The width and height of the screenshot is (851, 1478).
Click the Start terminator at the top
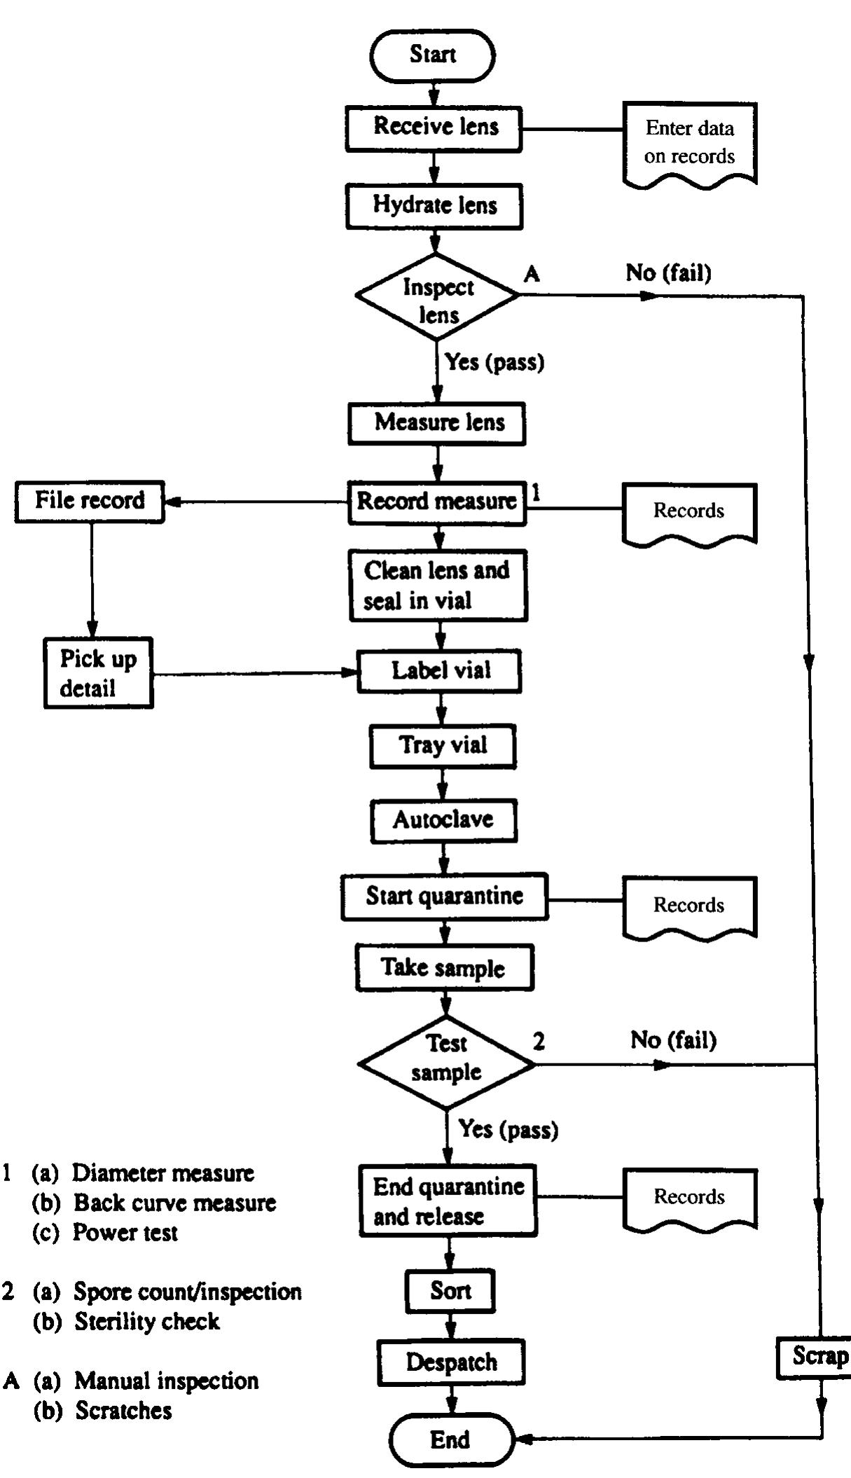coord(432,55)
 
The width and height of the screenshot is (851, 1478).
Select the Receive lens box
coord(434,127)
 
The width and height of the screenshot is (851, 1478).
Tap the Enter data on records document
coord(689,143)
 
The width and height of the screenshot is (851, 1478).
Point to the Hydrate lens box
coord(434,206)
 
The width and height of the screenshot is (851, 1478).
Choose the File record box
coord(90,501)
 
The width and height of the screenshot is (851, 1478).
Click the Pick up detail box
coord(98,673)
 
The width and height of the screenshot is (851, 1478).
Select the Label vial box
coord(440,671)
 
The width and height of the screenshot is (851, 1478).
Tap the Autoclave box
coord(443,820)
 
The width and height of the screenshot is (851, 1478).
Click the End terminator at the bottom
coord(450,1440)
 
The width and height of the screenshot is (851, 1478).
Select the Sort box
coord(450,1291)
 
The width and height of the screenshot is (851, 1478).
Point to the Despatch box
coord(452,1362)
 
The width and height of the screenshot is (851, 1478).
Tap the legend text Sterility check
coord(147,1322)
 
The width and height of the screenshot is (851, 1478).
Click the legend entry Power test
coord(125,1233)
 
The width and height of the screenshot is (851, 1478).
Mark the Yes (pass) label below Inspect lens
coord(494,362)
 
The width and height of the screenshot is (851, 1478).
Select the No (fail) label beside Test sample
coord(673,1040)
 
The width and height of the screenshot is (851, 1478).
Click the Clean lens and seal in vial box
coord(438,585)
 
